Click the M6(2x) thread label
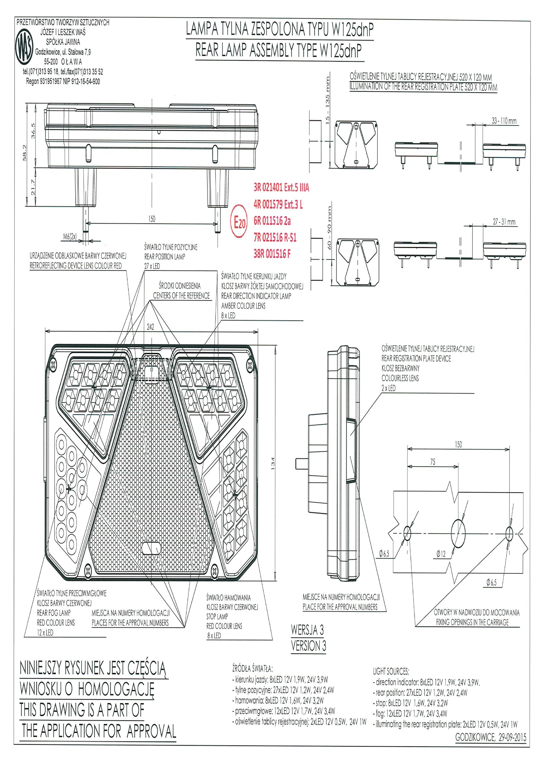tap(70, 237)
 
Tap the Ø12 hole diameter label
tap(441, 554)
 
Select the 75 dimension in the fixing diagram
tap(433, 462)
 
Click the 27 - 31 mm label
tap(504, 222)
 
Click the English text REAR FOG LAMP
tap(54, 613)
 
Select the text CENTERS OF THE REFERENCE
tap(181, 296)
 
